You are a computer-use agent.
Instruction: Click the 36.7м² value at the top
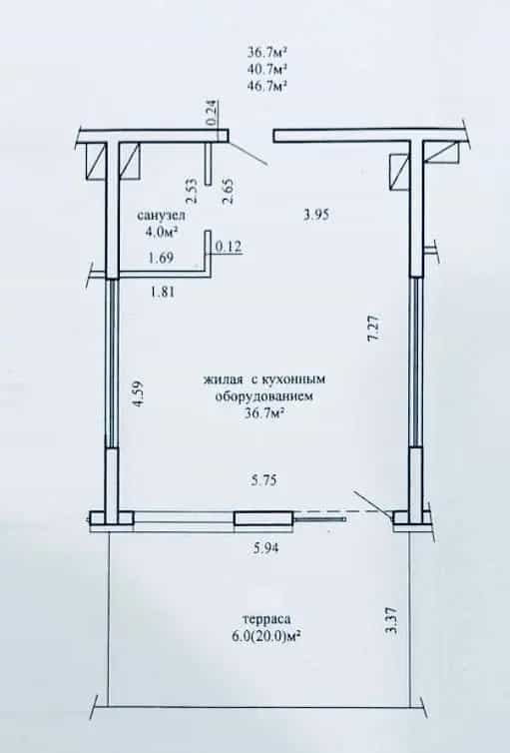click(267, 51)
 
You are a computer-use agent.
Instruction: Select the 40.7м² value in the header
click(267, 69)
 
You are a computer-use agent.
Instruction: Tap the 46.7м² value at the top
click(267, 86)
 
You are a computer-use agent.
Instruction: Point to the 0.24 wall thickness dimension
click(213, 113)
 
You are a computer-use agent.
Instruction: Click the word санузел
click(161, 215)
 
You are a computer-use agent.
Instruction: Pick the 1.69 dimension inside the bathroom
click(162, 258)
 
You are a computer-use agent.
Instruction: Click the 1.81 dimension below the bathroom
click(162, 291)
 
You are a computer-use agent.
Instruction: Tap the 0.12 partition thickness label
click(229, 247)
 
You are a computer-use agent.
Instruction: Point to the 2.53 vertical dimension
click(191, 192)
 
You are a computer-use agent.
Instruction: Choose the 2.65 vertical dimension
click(229, 192)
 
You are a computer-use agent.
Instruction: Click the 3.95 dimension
click(316, 214)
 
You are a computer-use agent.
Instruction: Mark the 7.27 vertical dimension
click(374, 328)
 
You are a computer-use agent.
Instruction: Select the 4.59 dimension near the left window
click(137, 393)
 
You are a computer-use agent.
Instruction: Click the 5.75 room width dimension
click(263, 480)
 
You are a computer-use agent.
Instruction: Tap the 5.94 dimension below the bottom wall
click(265, 547)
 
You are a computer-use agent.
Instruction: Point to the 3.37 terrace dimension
click(392, 621)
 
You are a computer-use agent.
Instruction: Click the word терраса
click(267, 619)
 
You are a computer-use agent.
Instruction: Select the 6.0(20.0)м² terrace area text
click(265, 637)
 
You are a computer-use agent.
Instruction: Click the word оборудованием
click(263, 396)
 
